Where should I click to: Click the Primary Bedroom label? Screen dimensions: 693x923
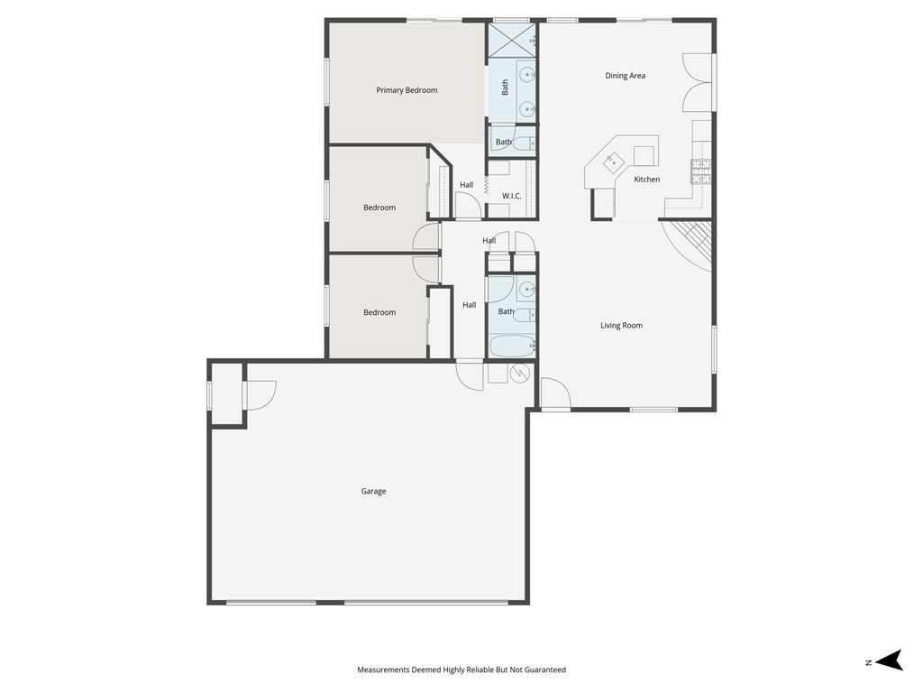tap(407, 90)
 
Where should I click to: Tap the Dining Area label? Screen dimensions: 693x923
tap(625, 76)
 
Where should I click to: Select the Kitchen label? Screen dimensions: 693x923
tap(646, 180)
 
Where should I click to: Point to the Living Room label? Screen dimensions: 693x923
tap(621, 326)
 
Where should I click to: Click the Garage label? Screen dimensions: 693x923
tap(373, 492)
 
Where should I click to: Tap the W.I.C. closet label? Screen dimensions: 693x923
tap(512, 196)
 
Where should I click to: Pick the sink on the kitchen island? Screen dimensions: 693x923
tap(615, 162)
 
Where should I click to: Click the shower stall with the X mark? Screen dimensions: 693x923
tap(511, 42)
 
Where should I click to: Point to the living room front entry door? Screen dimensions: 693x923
tap(555, 395)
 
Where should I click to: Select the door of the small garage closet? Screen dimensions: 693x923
tap(260, 395)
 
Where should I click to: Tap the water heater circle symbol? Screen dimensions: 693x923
tap(520, 374)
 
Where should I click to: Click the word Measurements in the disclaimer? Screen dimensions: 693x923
tap(383, 670)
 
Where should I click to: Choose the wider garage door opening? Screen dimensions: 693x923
tap(426, 602)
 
